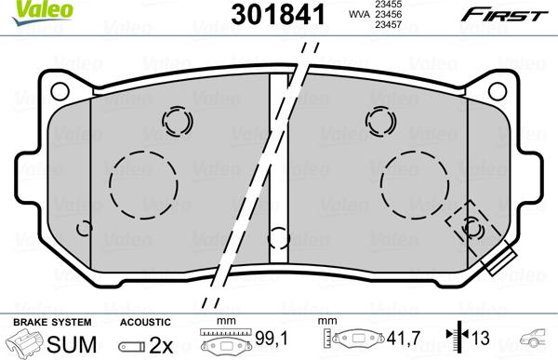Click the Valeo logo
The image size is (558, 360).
coord(42,11)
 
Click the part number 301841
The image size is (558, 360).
coord(278,15)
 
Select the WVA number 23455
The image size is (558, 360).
coord(387,4)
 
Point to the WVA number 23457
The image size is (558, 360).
coord(387,24)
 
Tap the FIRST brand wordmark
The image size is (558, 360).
coord(504,15)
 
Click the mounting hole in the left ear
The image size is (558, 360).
coord(60,91)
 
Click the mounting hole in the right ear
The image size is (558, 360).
coord(498,91)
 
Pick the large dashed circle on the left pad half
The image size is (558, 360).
coord(143,185)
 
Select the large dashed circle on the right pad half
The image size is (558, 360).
coord(415,185)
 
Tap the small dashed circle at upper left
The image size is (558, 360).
coord(178,121)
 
